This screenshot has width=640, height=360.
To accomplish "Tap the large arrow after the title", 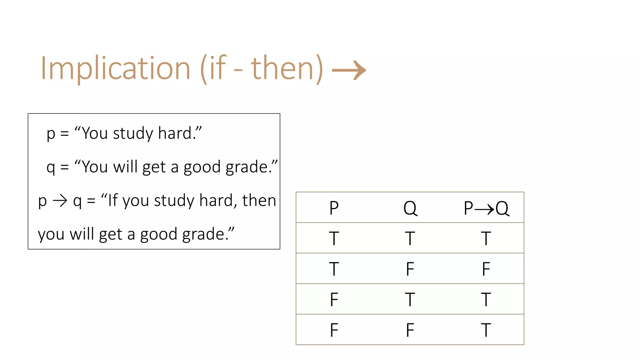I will coord(349,70).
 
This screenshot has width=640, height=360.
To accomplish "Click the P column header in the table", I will coord(334,208).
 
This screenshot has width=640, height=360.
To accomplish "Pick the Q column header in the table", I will coord(410,208).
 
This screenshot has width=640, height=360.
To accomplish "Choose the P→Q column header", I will coord(486,208).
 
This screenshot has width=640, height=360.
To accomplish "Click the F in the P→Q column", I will coord(486,269).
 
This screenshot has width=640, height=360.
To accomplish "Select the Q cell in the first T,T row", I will coord(410,238).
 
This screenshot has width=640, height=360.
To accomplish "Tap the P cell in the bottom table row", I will coord(334,330).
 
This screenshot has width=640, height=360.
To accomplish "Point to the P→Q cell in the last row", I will coord(486,330).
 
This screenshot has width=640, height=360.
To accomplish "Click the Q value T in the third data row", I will coord(410,299).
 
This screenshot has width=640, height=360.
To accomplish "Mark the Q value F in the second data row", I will coord(410,269).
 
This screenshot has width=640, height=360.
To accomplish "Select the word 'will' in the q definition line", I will coord(125,167).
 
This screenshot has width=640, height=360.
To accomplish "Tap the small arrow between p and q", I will coord(60,201).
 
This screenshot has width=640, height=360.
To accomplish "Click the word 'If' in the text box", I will coord(113,200).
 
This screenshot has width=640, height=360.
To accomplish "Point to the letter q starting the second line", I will coord(51,167).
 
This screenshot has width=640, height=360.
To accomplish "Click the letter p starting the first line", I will coord(51,134).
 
